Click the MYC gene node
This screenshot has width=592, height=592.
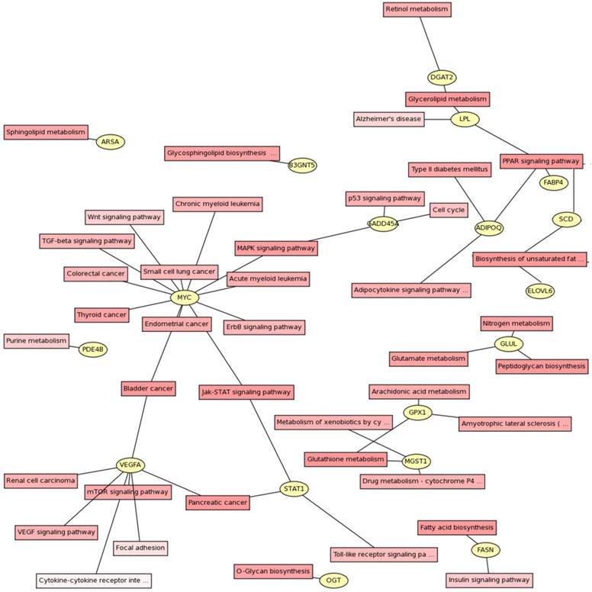[184, 298]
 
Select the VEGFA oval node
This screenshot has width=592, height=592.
[130, 465]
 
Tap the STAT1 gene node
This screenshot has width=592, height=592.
[294, 489]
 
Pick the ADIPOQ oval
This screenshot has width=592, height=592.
[489, 228]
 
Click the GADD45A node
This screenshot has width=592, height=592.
[383, 224]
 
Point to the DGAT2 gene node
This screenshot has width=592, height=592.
[442, 77]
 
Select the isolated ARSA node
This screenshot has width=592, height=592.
[110, 142]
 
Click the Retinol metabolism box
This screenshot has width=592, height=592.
[417, 9]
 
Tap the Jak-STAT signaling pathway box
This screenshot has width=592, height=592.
[246, 392]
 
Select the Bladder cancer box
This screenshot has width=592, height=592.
[148, 388]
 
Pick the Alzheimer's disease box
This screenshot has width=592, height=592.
[389, 119]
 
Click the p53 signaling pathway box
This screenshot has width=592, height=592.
[384, 198]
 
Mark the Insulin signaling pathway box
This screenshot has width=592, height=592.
[489, 581]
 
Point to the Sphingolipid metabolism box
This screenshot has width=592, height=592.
[46, 132]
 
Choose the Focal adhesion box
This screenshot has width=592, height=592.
[140, 548]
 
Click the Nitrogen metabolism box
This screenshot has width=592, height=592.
[516, 323]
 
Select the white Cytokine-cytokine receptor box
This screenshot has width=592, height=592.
[94, 581]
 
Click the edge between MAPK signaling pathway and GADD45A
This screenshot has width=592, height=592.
[343, 236]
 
